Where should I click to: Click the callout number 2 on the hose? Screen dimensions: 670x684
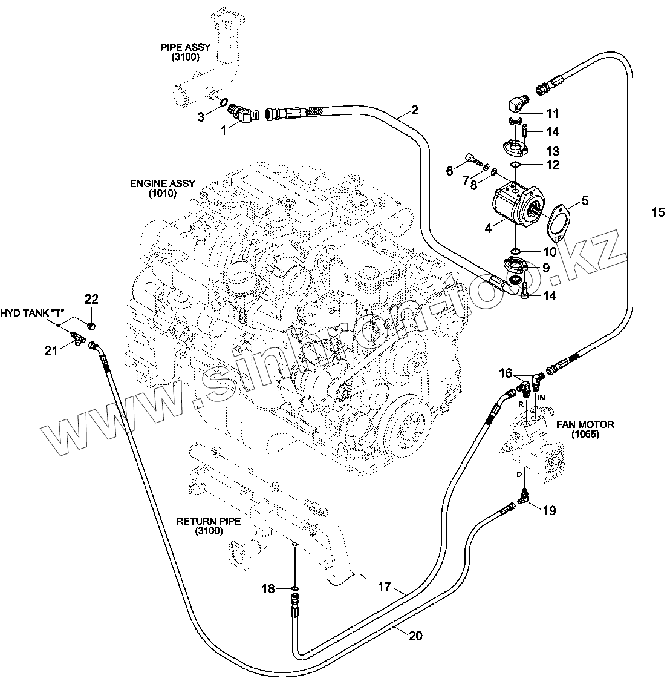414,110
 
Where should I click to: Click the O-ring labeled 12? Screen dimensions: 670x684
515,165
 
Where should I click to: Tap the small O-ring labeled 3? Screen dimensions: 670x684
223,102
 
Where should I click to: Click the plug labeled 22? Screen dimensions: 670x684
91,326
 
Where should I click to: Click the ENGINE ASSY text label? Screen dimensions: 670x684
163,188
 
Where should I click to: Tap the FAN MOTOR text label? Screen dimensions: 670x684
585,429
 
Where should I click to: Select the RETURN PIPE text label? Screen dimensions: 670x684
209,526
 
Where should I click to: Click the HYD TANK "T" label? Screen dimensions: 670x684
32,313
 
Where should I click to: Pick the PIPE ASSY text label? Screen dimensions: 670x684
185,52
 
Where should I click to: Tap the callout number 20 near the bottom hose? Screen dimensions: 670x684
415,636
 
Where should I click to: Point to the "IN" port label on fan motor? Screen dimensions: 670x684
541,398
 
